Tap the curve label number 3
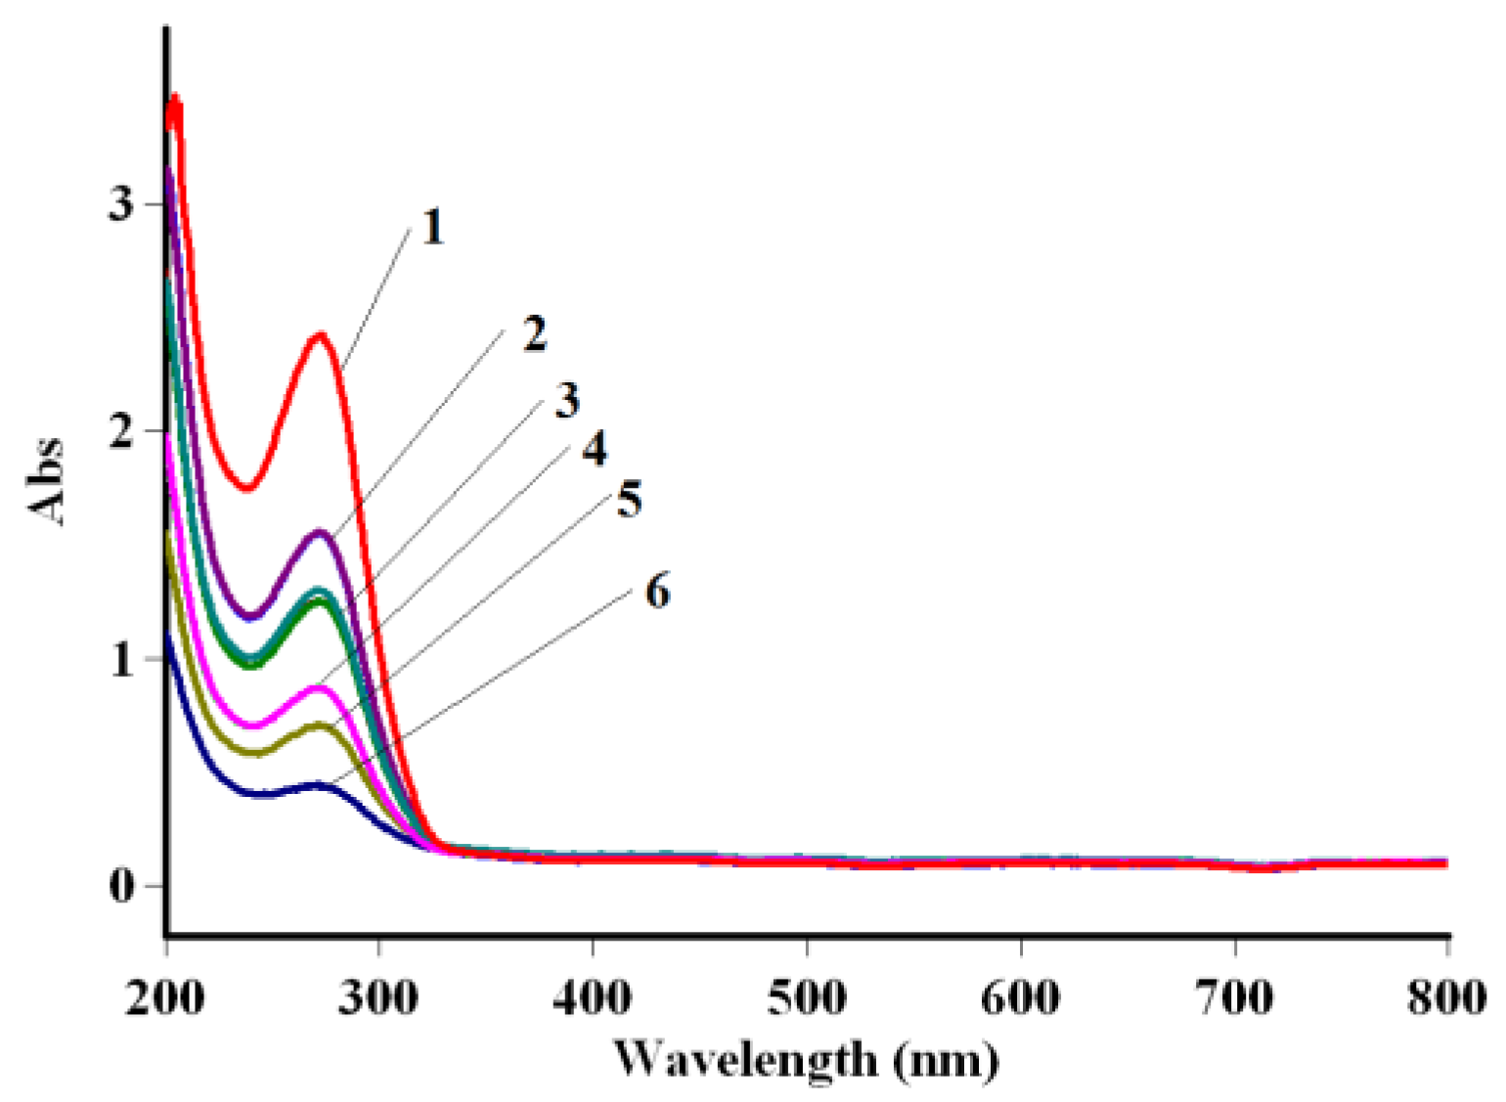click(x=567, y=400)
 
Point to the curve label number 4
click(x=595, y=449)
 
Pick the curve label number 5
click(x=629, y=500)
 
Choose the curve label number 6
click(x=657, y=593)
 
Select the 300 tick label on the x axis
click(x=379, y=997)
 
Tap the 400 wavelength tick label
click(x=593, y=997)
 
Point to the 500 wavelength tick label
click(x=807, y=997)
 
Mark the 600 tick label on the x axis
click(x=1020, y=997)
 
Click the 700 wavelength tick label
click(x=1234, y=997)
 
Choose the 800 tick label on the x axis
click(x=1445, y=997)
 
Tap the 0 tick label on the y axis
click(x=120, y=887)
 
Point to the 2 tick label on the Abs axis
click(x=120, y=431)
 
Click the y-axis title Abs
click(x=46, y=481)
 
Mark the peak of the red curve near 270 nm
click(x=320, y=335)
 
